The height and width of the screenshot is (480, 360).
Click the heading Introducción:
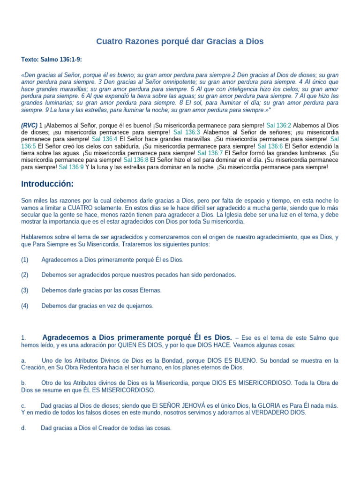(47, 183)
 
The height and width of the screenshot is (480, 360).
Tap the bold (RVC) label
(29, 126)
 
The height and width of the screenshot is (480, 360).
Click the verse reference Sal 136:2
(279, 126)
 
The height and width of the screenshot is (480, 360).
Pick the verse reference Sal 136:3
(187, 132)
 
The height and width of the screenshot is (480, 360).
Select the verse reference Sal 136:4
(105, 139)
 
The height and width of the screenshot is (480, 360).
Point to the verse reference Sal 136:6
(270, 146)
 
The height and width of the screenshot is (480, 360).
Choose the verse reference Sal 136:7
(210, 153)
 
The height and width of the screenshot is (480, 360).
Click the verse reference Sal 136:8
(136, 160)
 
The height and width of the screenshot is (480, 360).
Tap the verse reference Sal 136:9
(71, 167)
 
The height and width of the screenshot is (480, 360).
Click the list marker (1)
(25, 260)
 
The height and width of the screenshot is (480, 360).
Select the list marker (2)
(25, 275)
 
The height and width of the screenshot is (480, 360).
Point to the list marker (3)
(25, 290)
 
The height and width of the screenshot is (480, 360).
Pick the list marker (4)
(25, 306)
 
